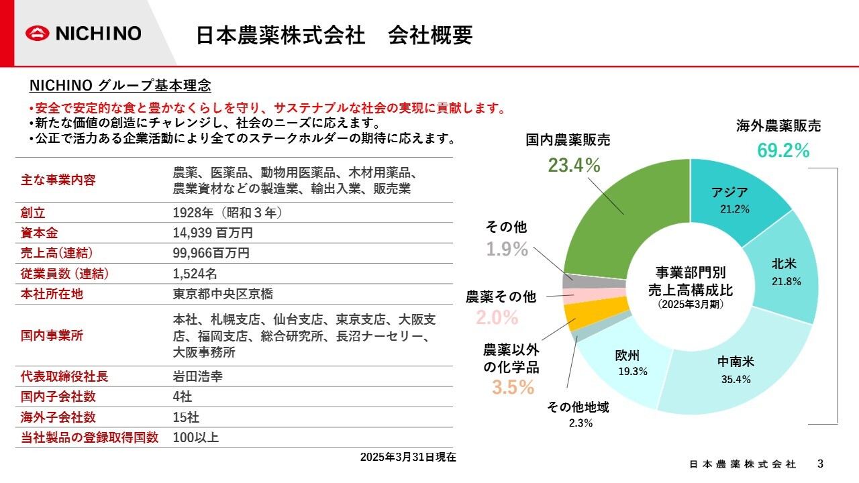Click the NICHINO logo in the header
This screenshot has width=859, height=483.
click(x=83, y=34)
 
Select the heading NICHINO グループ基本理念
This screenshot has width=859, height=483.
click(x=121, y=86)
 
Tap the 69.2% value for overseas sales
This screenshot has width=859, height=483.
click(x=783, y=150)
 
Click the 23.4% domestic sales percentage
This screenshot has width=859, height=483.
click(x=574, y=165)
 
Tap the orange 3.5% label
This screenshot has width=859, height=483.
click(x=513, y=388)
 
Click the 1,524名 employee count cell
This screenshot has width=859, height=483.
click(x=195, y=274)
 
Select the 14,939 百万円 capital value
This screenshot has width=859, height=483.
click(x=213, y=233)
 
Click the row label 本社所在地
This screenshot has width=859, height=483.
click(x=52, y=294)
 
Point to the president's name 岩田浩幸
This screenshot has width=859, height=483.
click(x=197, y=376)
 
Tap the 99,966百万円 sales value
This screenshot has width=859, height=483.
click(x=211, y=254)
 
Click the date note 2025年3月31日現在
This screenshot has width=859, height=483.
click(x=407, y=458)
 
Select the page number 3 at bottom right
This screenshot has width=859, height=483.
click(x=820, y=464)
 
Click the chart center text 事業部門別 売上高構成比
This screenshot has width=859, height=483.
click(x=691, y=282)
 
